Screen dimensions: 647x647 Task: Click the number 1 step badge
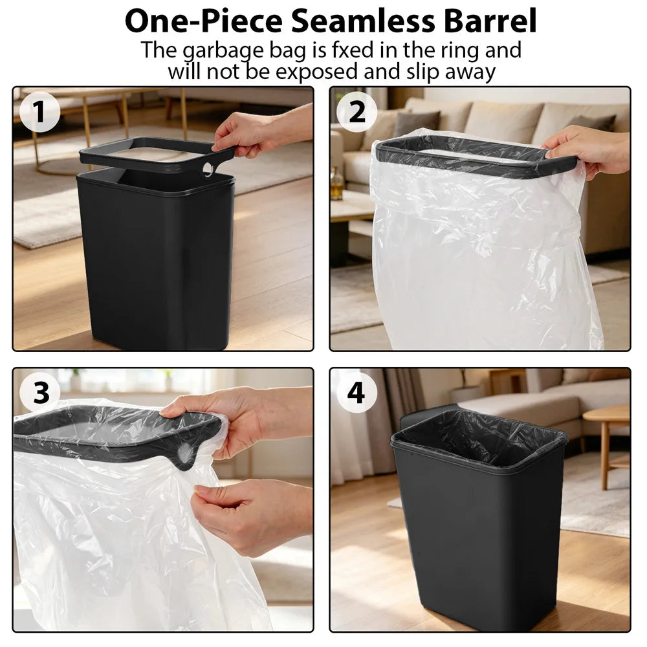pos(40,111)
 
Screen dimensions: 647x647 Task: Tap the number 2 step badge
pos(356,111)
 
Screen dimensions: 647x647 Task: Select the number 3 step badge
pos(40,392)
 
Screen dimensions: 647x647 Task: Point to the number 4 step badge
pos(356,392)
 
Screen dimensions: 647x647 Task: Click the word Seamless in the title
pos(363,21)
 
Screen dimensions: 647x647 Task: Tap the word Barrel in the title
pos(490,21)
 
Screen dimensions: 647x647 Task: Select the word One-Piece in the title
pos(204,21)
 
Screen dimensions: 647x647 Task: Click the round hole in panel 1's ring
pos(208,169)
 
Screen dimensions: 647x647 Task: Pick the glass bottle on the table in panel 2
pos(337,184)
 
